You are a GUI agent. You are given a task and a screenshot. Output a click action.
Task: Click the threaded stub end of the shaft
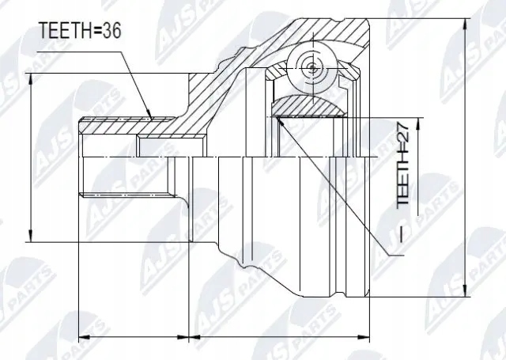click(x=89, y=158)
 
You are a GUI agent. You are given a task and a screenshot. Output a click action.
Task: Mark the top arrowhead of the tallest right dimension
click(x=463, y=19)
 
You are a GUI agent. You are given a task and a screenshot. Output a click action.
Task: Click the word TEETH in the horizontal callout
click(x=63, y=32)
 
